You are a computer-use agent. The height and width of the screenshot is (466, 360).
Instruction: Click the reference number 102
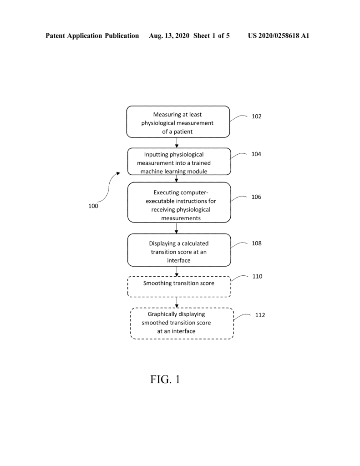coord(257,116)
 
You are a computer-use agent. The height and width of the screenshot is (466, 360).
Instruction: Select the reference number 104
coord(256,154)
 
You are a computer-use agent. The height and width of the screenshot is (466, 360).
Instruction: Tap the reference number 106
coord(256,197)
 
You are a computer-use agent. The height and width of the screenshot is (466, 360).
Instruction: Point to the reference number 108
coord(257,243)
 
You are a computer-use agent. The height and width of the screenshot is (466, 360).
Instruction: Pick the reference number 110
coord(258,276)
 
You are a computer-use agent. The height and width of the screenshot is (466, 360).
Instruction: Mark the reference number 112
coord(260,315)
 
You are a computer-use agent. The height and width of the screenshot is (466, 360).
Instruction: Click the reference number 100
coord(93,206)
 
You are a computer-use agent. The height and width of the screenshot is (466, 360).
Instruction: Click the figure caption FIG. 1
coord(165,379)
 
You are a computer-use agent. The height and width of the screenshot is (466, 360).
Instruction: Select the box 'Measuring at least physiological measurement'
coord(178,122)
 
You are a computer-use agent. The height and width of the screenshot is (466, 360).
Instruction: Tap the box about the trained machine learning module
coord(179,162)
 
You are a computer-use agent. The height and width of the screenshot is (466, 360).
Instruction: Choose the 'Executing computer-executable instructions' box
coord(179,203)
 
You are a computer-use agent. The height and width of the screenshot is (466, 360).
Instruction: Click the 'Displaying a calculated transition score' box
coord(179,250)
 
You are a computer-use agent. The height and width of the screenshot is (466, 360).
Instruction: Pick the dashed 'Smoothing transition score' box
coord(179,287)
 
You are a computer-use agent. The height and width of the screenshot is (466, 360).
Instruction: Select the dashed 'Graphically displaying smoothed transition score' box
coord(182,324)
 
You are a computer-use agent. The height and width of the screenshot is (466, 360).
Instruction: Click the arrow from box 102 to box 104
coord(177,142)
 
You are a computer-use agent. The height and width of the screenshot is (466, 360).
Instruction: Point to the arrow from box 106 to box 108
coord(177,228)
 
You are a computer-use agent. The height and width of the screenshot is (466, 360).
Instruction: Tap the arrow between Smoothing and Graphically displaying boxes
coord(177,303)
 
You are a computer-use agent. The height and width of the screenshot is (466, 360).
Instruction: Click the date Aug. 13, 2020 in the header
coord(169,36)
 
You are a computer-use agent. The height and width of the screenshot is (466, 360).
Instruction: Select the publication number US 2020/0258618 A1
coord(279,35)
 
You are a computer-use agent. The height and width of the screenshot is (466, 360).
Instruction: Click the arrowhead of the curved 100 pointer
coord(118,173)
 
